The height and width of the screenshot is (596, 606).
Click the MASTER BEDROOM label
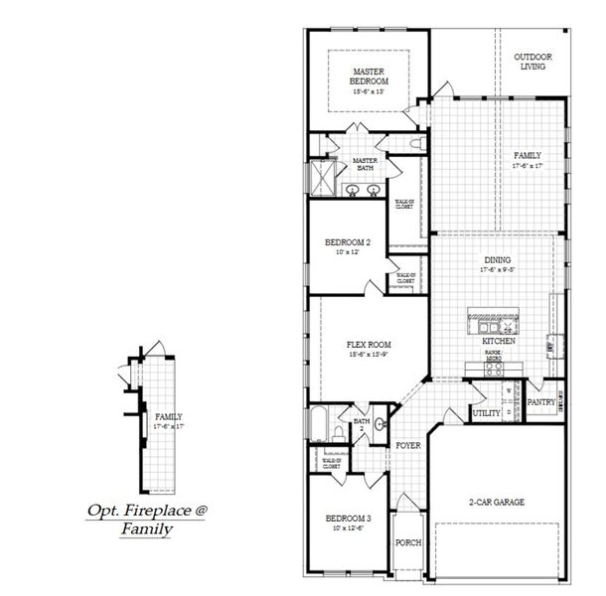click(x=368, y=76)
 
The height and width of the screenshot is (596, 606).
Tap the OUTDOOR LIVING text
click(x=532, y=62)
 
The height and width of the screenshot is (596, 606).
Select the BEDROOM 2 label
click(x=348, y=242)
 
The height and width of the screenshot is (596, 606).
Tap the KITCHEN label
click(x=499, y=341)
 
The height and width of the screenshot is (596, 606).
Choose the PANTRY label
click(x=541, y=402)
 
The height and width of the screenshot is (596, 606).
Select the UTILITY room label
click(x=487, y=412)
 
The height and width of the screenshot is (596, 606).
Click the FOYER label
click(x=407, y=446)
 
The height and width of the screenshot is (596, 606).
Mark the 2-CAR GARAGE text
click(x=496, y=502)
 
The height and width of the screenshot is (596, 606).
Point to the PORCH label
click(x=408, y=543)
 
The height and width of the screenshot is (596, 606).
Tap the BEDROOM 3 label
click(x=348, y=519)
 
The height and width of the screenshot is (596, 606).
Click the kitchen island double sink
click(x=487, y=326)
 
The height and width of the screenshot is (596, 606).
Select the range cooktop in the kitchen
click(x=491, y=368)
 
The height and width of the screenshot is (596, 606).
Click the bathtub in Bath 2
click(x=320, y=426)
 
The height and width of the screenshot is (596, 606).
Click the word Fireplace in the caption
click(x=154, y=511)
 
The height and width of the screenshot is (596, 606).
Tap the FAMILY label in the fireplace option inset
click(x=168, y=416)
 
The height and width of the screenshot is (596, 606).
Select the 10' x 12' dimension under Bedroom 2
click(x=347, y=252)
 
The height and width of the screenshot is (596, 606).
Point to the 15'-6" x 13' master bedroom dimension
click(x=368, y=91)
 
